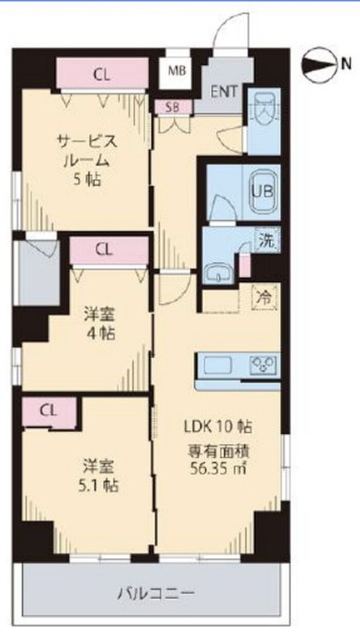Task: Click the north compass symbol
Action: coord(319,65)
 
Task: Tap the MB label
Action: coord(177,70)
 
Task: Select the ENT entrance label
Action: coord(224,91)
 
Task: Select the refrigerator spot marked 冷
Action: coord(264,298)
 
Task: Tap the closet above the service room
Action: coord(102,72)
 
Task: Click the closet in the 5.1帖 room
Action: coord(49,412)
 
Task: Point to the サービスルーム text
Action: coord(87,152)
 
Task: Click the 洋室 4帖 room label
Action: coord(99,324)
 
